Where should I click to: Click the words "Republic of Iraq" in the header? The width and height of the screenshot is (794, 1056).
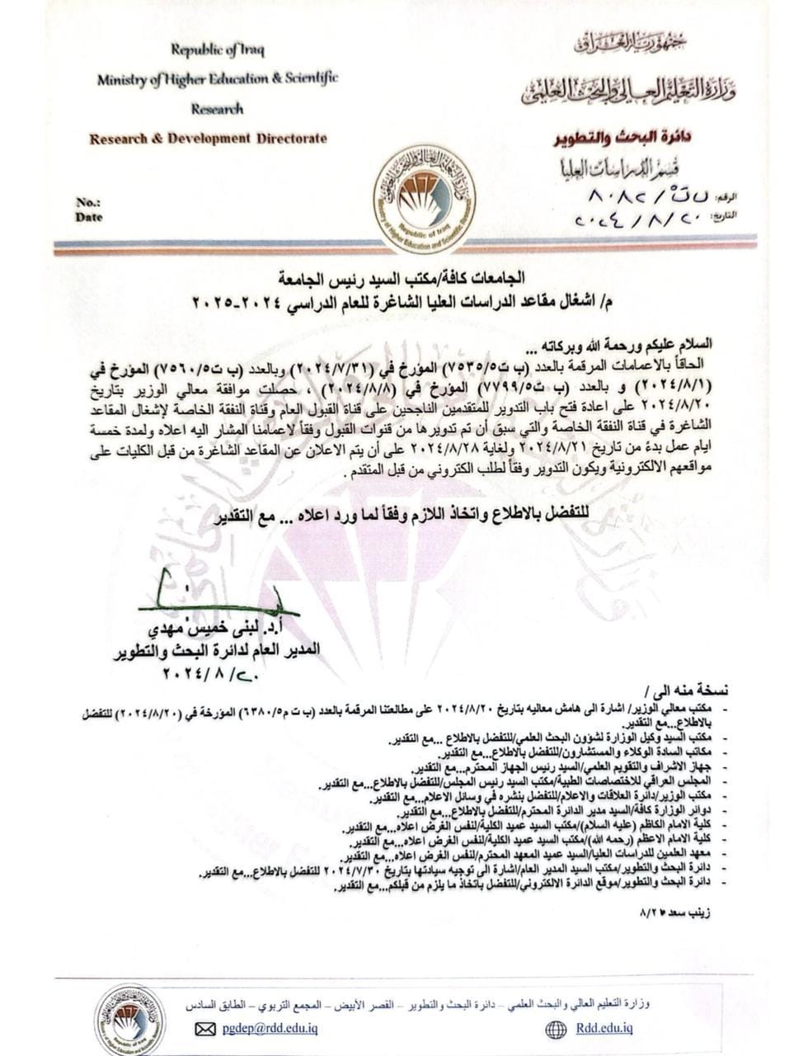click(218, 49)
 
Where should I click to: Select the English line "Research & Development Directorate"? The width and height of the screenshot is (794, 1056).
click(208, 139)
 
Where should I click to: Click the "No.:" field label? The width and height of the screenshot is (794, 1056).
click(88, 202)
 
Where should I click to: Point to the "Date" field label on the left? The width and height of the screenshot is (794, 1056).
click(89, 218)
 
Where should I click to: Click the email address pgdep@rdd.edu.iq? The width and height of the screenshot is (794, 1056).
click(270, 1028)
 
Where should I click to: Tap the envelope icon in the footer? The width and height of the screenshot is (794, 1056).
click(204, 1029)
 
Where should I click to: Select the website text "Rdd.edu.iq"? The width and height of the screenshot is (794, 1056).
click(604, 1028)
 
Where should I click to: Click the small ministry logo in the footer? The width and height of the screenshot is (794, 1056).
click(129, 1019)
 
